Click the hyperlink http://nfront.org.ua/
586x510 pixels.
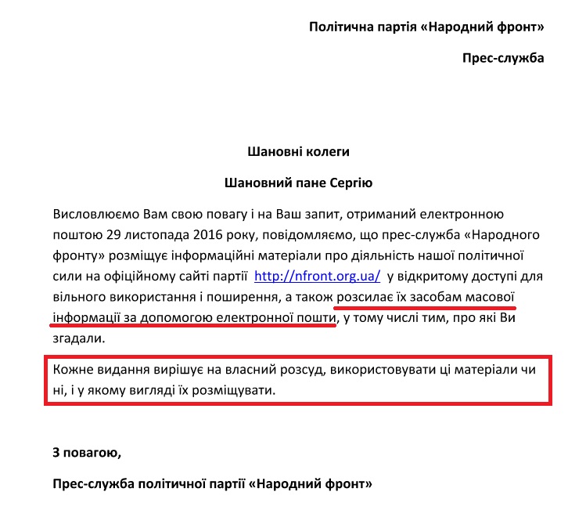(318, 276)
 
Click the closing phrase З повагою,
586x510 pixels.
(86, 452)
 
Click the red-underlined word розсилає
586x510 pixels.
(365, 297)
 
